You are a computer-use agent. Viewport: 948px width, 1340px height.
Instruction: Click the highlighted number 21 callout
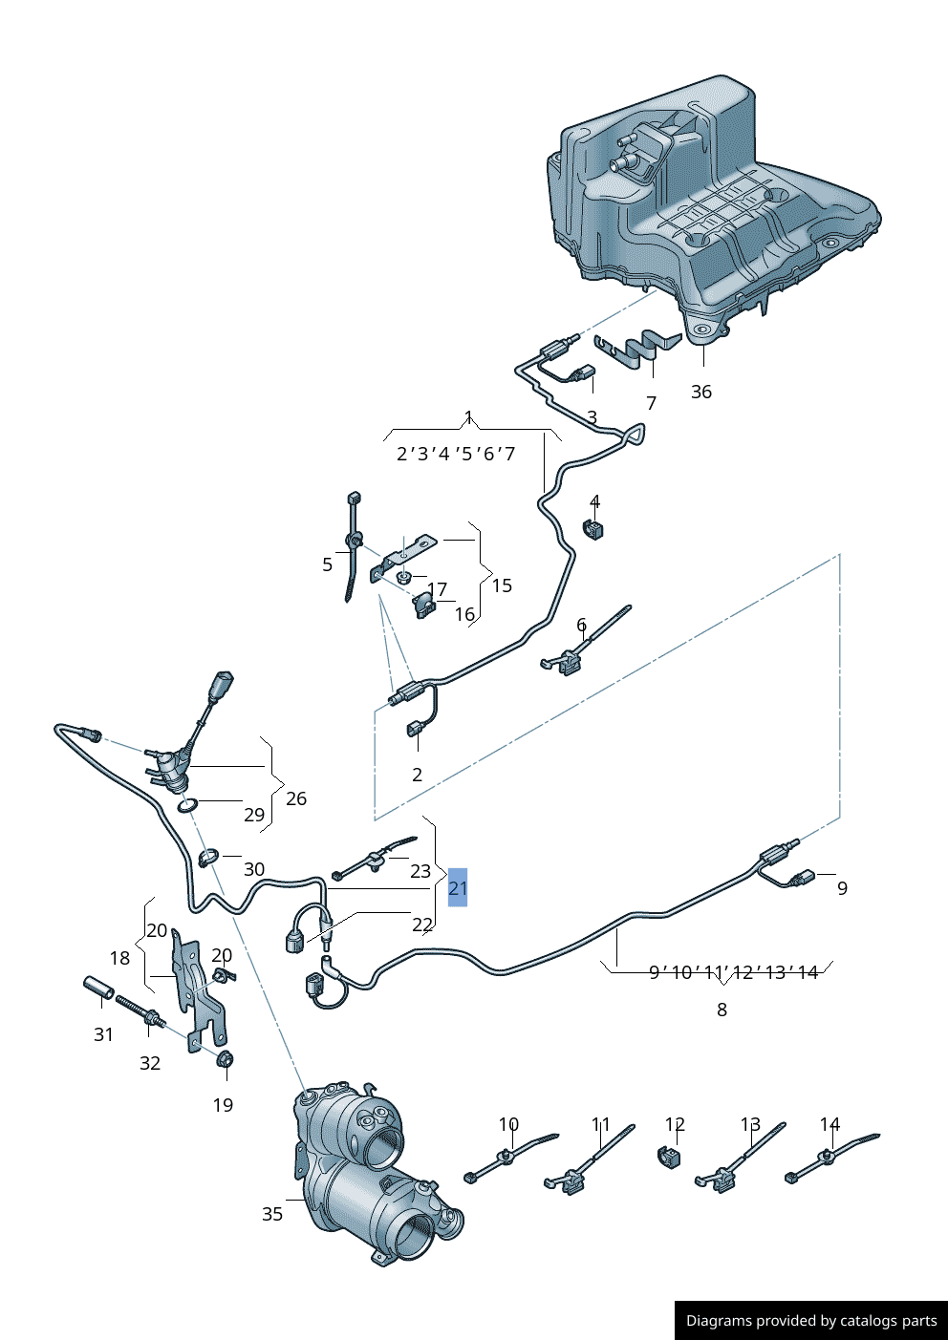tap(458, 888)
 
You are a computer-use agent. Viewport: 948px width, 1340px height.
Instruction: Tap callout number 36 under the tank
tap(701, 392)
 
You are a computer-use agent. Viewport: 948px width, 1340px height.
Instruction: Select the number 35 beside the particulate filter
tap(272, 1214)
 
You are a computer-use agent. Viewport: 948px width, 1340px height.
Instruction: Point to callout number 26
tap(296, 798)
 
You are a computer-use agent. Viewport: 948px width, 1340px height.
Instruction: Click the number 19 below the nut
tap(223, 1105)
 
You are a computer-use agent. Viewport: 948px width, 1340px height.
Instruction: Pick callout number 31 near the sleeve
tap(104, 1034)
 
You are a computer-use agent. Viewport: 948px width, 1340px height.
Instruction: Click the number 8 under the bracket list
tap(722, 1010)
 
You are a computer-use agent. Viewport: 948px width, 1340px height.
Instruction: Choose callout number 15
tap(502, 585)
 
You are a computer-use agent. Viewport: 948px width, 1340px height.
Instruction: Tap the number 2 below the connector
tap(417, 775)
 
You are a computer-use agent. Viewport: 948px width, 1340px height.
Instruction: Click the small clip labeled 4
tap(594, 528)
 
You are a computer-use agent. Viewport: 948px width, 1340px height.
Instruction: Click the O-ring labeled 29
tap(188, 806)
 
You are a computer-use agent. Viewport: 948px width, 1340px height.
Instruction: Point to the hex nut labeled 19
tap(226, 1059)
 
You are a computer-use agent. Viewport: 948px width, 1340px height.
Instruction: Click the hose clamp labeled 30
tap(208, 857)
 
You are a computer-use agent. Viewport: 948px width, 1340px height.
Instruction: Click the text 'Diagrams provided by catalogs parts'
tap(811, 1321)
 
